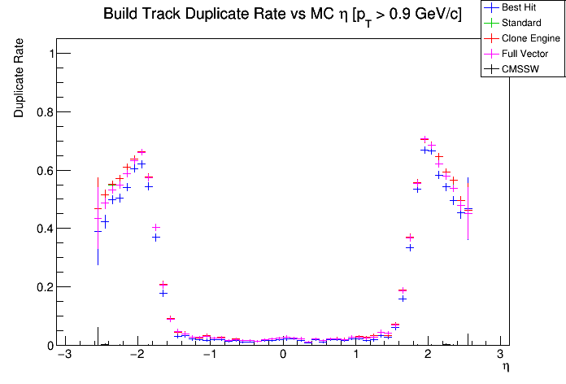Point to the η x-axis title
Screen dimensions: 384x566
505,368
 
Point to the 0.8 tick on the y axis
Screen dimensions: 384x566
38,111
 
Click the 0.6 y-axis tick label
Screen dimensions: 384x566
38,170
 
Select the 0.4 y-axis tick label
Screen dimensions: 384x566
38,229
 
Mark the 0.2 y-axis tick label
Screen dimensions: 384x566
38,287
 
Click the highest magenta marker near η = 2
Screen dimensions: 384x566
424,139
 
